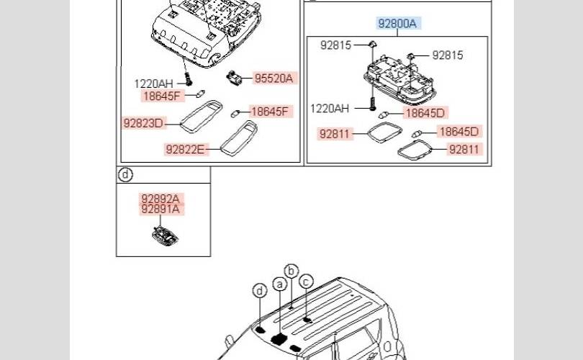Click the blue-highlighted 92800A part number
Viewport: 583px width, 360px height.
[x=397, y=24]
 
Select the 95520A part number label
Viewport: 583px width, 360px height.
[x=274, y=78]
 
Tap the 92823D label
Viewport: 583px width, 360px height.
[x=143, y=123]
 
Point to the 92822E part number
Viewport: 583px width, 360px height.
[x=185, y=150]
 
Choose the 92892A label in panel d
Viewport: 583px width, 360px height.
[x=161, y=199]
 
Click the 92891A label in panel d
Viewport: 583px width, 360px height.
[x=161, y=210]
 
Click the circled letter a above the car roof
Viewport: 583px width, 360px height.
[x=279, y=284]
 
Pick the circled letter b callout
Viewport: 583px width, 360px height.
[x=291, y=271]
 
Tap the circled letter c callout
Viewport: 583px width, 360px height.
[x=306, y=282]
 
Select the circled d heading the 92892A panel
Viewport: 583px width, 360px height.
[x=126, y=174]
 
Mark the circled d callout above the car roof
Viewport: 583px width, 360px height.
[x=260, y=291]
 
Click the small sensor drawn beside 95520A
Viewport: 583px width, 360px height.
[x=234, y=78]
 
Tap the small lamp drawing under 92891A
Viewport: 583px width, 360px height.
[x=165, y=236]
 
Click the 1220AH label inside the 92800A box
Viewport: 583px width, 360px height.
[x=330, y=109]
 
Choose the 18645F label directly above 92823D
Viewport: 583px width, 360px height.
[x=162, y=96]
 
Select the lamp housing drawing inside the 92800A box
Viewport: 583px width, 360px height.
[x=399, y=80]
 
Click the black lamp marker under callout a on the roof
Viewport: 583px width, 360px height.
[x=279, y=339]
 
